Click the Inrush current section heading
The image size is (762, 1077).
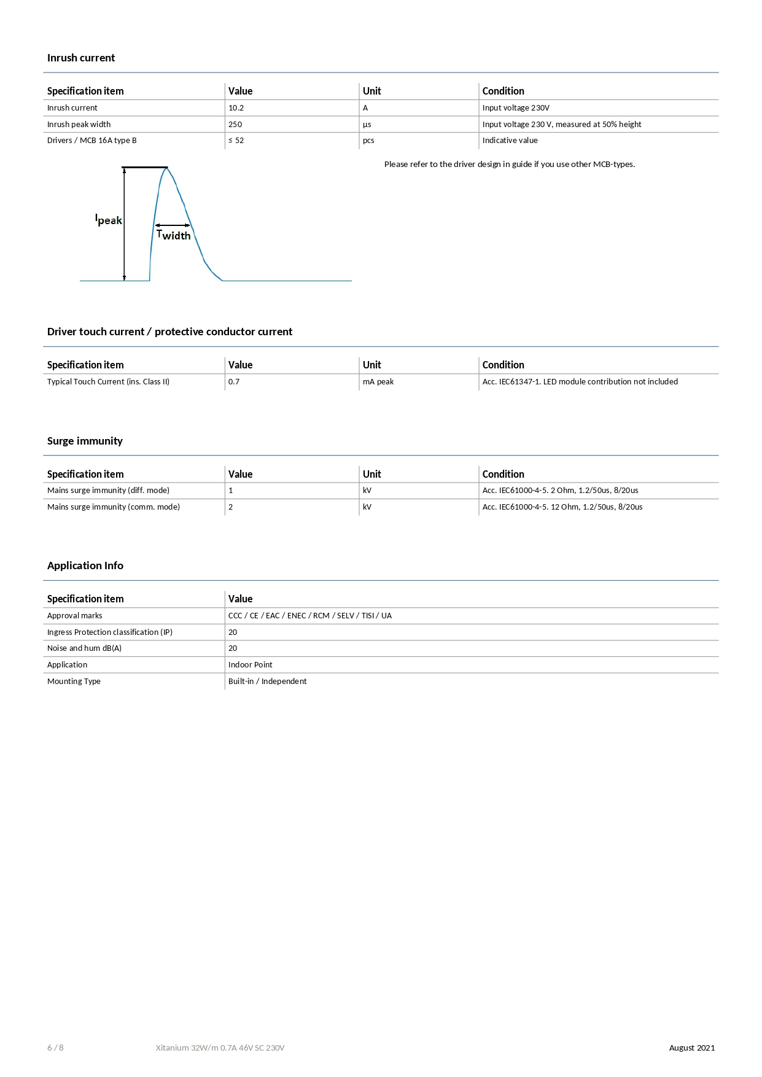(81, 58)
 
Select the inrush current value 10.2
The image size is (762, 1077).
(236, 108)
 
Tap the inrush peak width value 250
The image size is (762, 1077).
(235, 124)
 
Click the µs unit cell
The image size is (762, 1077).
(367, 124)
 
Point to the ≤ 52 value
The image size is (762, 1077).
(236, 141)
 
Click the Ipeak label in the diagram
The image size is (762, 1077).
(109, 220)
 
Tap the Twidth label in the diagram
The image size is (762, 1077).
(174, 235)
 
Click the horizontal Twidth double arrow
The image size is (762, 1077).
(173, 225)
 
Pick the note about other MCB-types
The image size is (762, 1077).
(509, 164)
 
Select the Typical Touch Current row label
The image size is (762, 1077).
(108, 382)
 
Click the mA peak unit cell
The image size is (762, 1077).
(378, 382)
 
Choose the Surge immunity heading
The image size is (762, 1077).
(85, 441)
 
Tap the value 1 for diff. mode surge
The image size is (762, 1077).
(231, 491)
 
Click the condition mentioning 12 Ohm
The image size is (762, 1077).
(562, 507)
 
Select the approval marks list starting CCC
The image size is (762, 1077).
(309, 616)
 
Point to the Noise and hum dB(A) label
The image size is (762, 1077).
(84, 648)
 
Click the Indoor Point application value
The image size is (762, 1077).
(250, 665)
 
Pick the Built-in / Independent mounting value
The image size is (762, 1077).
(267, 682)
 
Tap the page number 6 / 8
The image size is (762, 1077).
(55, 1048)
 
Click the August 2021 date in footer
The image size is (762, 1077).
(691, 1048)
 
